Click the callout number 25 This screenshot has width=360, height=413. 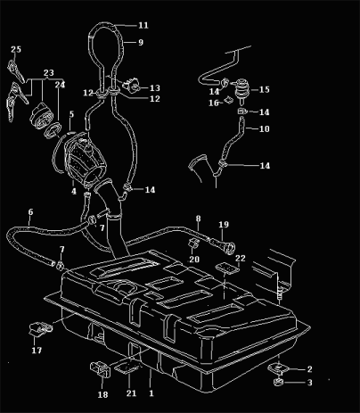16,49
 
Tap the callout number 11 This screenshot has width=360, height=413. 143,25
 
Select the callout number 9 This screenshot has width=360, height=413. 141,43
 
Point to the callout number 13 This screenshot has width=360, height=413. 155,88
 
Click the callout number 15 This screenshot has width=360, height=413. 264,89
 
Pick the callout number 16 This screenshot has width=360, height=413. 214,103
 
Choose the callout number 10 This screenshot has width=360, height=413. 264,128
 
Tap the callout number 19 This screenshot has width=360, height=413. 224,225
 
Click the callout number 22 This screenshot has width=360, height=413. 241,259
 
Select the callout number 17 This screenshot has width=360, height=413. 37,351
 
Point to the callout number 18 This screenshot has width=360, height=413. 102,394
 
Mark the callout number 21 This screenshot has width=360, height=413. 131,393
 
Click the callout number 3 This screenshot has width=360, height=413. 309,383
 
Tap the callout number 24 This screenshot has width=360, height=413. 60,85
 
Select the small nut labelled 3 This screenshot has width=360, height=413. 278,382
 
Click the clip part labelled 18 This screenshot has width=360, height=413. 101,368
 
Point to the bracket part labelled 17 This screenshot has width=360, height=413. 40,327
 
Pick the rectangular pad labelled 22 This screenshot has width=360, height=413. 227,268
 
